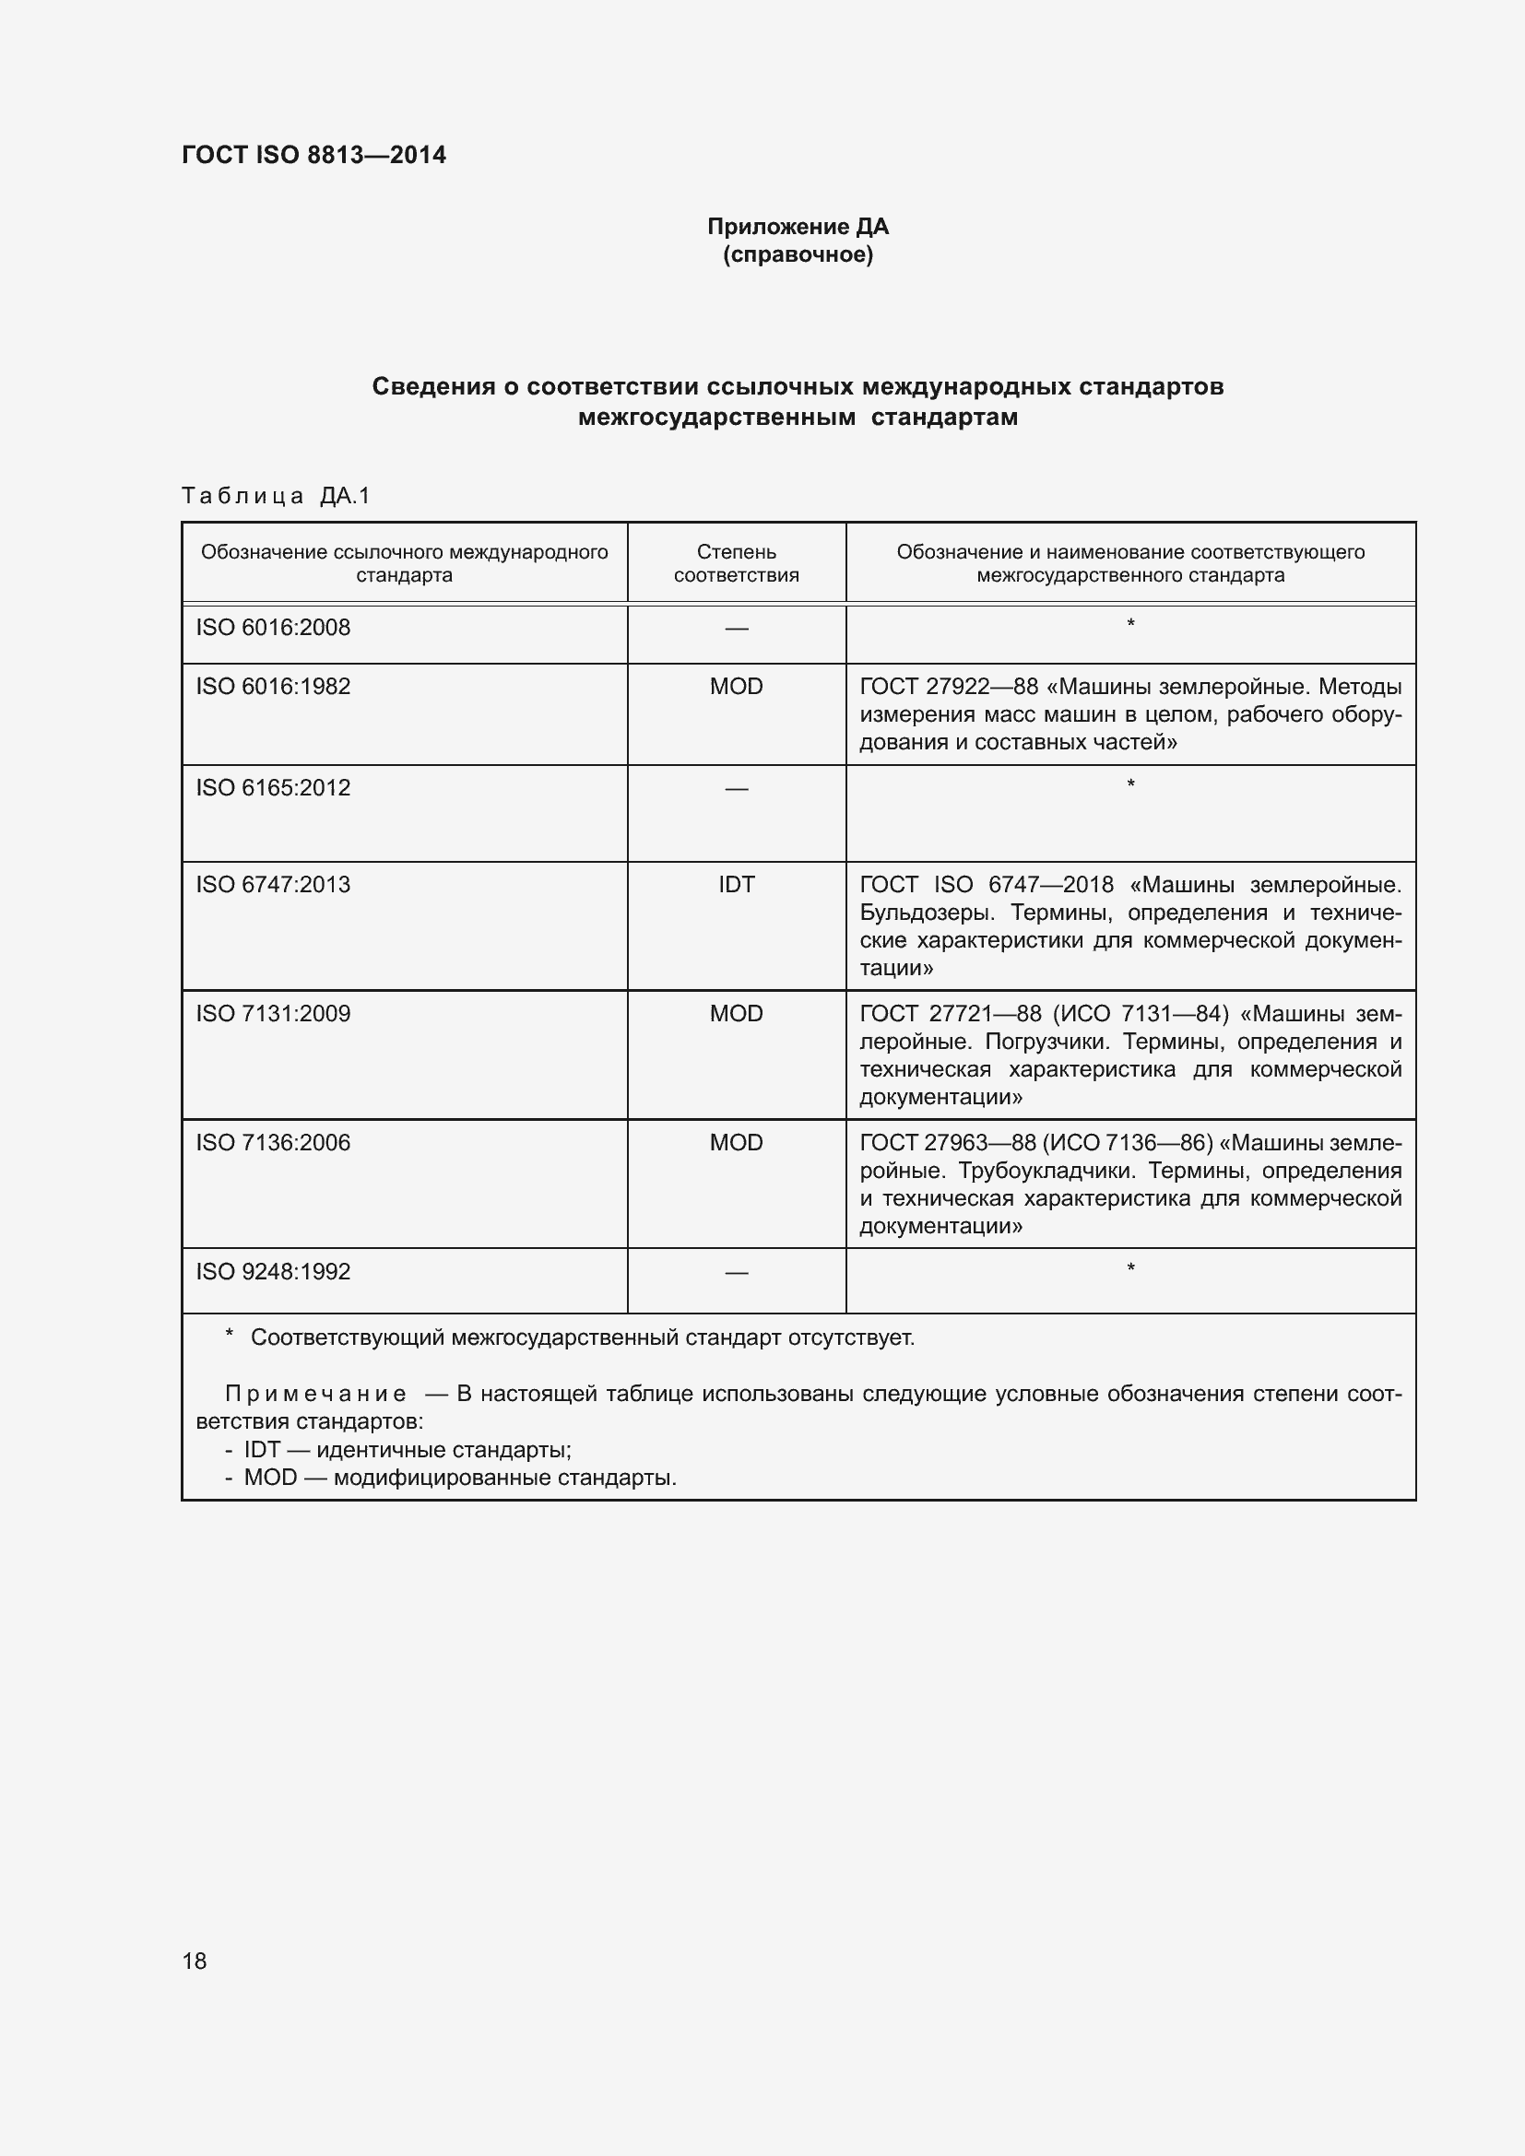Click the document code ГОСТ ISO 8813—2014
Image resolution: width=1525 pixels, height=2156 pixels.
(313, 155)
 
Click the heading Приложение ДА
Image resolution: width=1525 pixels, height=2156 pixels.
(798, 227)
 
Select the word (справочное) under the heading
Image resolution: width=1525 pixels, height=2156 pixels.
(798, 254)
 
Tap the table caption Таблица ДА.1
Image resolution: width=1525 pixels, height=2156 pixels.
(276, 496)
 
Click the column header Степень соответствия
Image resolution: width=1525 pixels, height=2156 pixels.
(736, 563)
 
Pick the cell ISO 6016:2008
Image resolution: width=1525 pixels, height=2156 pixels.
(273, 628)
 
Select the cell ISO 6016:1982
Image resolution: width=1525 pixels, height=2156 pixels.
(273, 687)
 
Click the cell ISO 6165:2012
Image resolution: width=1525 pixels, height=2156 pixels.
(273, 788)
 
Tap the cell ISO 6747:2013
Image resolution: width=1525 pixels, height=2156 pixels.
(273, 885)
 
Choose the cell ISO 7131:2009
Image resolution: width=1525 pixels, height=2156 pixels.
(273, 1013)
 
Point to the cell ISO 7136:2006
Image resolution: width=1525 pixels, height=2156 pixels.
(273, 1143)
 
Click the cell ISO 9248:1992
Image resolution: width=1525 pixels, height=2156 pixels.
(273, 1271)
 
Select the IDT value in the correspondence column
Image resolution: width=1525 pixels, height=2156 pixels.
(736, 885)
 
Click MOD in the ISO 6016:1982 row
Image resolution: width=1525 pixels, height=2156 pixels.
(736, 687)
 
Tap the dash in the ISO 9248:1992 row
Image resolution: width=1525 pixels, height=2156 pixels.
(736, 1273)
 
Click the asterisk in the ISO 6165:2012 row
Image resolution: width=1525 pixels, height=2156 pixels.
(1130, 784)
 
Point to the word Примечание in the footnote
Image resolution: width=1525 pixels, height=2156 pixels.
(315, 1395)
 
